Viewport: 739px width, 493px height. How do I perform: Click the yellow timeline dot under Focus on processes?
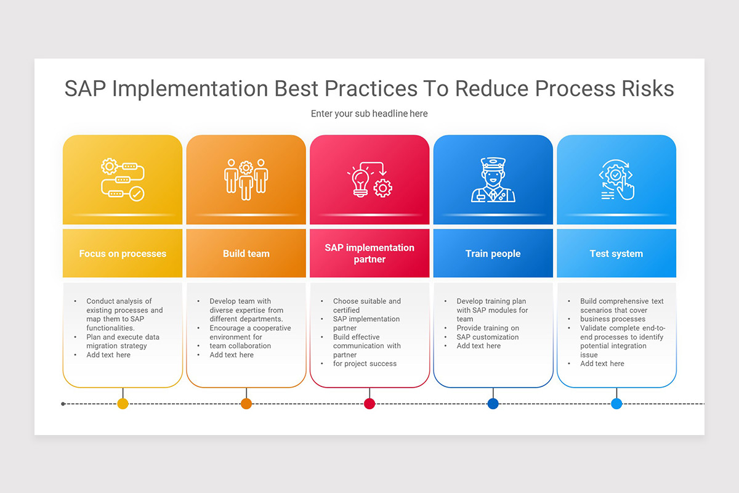[123, 404]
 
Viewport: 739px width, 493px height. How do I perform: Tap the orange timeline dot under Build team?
[246, 404]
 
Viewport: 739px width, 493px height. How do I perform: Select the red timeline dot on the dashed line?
[369, 404]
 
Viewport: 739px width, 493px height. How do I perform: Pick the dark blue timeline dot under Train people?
[493, 404]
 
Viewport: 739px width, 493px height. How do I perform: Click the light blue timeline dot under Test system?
[616, 404]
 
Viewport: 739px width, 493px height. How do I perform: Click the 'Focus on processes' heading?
[123, 253]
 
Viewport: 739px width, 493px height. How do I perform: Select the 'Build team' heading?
[246, 253]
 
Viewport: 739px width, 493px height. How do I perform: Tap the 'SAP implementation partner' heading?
[369, 253]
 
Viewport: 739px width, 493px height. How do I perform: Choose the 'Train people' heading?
[493, 253]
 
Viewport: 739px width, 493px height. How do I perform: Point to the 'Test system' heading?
[616, 253]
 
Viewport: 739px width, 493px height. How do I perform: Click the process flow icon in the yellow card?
[123, 179]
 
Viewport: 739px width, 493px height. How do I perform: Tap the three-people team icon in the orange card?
[246, 179]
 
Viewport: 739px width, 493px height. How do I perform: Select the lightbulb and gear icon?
[369, 179]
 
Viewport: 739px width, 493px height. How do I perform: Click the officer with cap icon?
[493, 179]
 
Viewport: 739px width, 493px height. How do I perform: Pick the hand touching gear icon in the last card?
[616, 179]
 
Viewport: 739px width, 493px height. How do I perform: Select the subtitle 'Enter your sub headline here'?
[369, 113]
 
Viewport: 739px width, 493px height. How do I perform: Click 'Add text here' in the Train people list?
[479, 346]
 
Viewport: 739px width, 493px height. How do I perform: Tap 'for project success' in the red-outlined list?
[365, 364]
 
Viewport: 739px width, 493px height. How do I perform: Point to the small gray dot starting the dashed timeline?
[63, 404]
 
